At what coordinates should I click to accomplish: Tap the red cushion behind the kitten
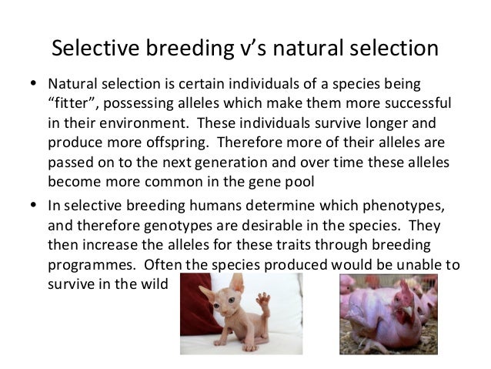point(192,308)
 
